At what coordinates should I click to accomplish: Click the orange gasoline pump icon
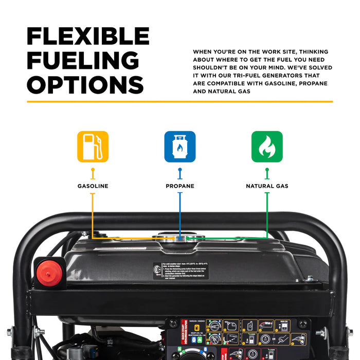coord(93,147)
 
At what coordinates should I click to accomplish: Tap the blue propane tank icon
coord(179,147)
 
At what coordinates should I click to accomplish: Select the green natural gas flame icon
coord(266,147)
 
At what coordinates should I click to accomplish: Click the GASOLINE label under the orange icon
coord(93,186)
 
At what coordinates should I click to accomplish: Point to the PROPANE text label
coord(179,186)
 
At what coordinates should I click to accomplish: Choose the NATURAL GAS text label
coord(266,186)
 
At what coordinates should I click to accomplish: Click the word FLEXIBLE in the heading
coord(88,36)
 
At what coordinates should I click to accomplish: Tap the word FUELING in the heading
coord(83,60)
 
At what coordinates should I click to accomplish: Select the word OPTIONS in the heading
coord(85,84)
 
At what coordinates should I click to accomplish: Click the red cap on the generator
coord(49,270)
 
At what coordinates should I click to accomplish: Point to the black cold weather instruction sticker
coord(181,271)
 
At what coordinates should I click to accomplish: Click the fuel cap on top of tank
coord(181,238)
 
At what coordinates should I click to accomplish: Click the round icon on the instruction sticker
coord(156,268)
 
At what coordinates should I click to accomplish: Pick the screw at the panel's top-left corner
coord(173,322)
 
